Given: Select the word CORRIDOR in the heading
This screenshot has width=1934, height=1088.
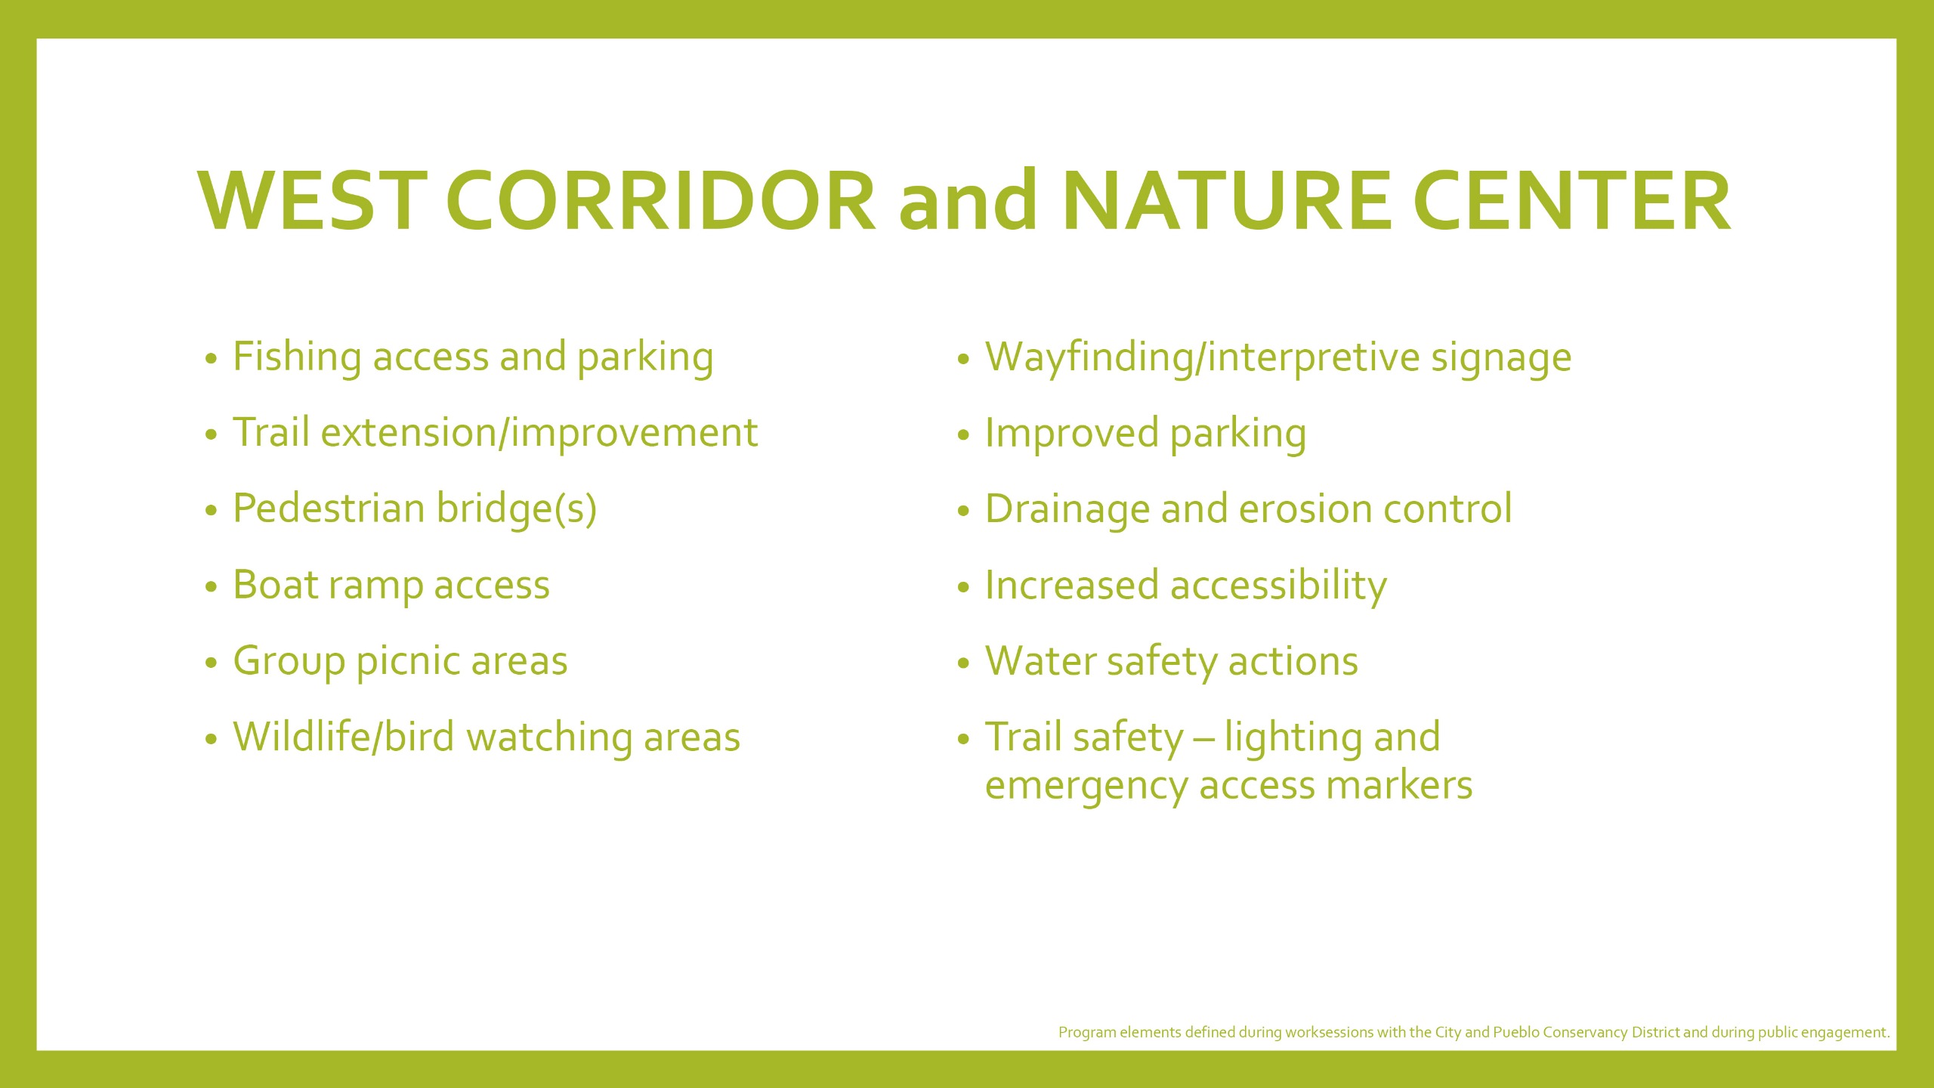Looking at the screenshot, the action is coord(662,200).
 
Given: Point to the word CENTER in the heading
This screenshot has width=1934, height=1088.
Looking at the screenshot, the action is coord(1571,200).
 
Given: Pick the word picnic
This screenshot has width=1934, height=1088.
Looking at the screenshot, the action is coord(408,662).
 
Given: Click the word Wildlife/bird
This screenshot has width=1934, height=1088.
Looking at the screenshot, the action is coord(344,737).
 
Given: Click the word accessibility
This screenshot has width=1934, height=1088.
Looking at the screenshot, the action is coord(1279,586).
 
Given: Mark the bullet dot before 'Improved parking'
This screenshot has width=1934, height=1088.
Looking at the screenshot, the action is coord(962,435).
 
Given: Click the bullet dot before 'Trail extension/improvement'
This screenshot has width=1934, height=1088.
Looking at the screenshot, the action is coord(211,434).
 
